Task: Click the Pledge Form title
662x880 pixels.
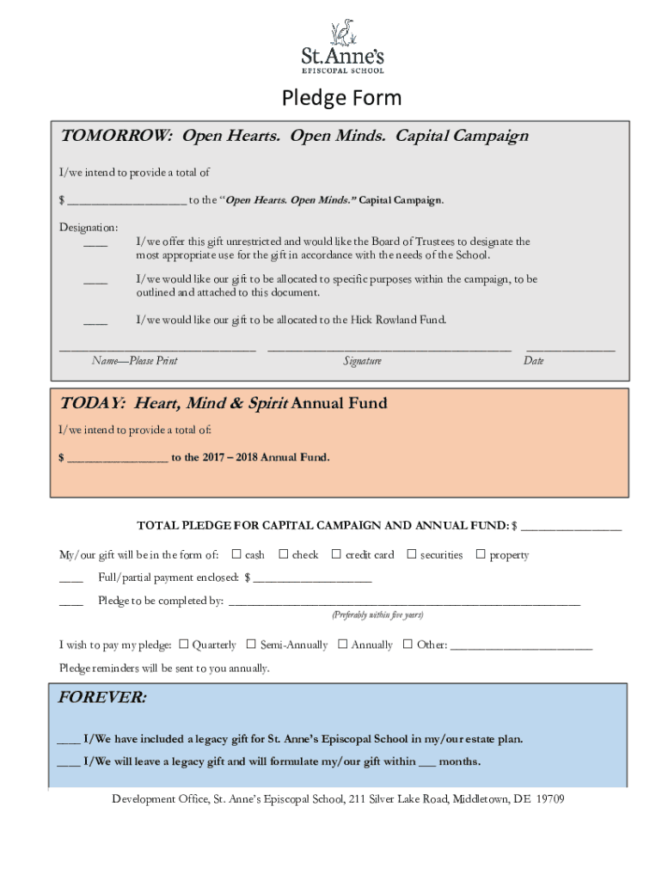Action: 341,98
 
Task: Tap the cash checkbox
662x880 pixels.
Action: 237,554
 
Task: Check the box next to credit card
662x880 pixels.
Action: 336,554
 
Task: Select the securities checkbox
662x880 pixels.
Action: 411,554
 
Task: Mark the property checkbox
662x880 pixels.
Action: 481,554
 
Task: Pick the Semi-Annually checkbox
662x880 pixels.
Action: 251,644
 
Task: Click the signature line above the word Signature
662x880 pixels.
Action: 389,350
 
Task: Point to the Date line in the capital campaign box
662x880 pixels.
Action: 570,350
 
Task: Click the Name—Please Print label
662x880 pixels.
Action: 134,361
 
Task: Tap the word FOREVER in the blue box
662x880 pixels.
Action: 101,698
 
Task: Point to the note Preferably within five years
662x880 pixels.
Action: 377,615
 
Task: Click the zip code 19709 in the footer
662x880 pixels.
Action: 549,799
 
